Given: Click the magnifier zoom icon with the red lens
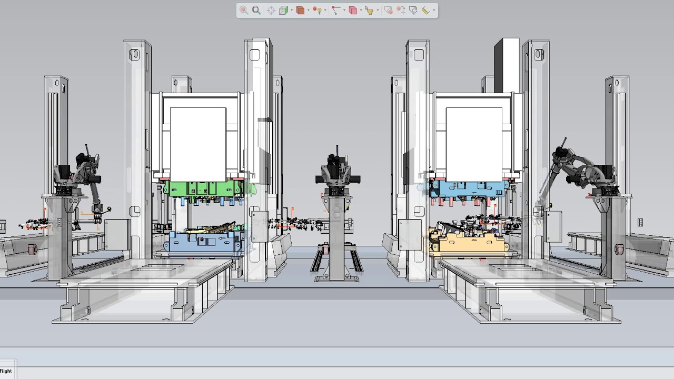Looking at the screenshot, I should [243, 10].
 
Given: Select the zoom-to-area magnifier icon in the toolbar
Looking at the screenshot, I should [256, 10].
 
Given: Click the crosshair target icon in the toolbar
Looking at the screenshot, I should [271, 10].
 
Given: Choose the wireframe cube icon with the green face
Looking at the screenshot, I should [284, 10].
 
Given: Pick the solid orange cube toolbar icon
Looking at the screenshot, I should [300, 10].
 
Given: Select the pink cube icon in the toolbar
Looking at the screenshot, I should [353, 10].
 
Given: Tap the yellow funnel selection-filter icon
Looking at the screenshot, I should [369, 10].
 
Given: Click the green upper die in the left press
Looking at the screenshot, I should [203, 188].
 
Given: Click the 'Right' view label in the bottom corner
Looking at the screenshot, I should [6, 371].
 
